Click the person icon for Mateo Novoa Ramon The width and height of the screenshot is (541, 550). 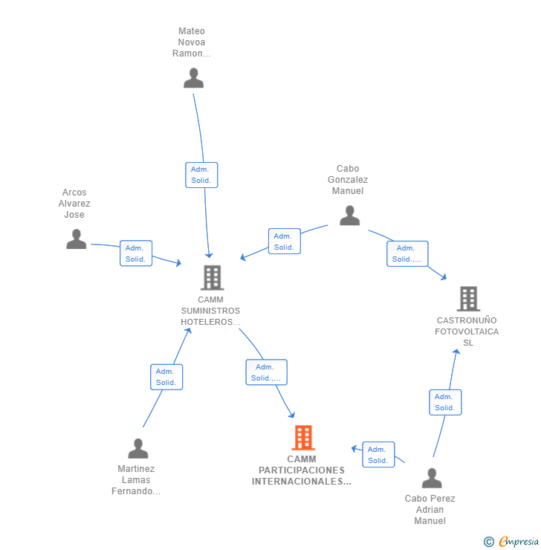coord(193,78)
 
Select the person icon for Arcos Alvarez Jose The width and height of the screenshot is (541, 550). coord(76,239)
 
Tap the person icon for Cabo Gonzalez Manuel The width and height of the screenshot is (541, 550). coord(349,216)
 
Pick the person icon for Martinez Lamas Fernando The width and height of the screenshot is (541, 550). coord(138,449)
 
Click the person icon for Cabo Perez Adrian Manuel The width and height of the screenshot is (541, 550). coord(431,478)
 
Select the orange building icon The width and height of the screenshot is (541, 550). coord(302,438)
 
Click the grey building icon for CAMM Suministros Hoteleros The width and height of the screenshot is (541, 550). coord(212,278)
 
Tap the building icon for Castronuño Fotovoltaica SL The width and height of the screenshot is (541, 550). coord(468,299)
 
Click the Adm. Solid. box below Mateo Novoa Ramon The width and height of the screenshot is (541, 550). coord(201,175)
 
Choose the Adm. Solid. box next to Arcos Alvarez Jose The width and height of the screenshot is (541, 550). coord(136,253)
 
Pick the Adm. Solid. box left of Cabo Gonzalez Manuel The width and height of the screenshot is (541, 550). coord(284,242)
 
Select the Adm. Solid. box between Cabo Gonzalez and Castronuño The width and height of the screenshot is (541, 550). coord(407,253)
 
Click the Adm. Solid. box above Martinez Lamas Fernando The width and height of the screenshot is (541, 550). coord(166,377)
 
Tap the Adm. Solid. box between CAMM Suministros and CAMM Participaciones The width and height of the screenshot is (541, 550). coord(266,372)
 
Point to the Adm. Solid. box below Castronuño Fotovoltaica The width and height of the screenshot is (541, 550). coord(445,402)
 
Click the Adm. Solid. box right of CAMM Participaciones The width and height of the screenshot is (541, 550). coord(378,455)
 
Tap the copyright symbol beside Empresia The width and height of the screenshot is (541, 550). coord(489,542)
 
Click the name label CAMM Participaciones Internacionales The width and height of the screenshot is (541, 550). coord(302,470)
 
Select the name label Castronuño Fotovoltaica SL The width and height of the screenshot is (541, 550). coord(467,331)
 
